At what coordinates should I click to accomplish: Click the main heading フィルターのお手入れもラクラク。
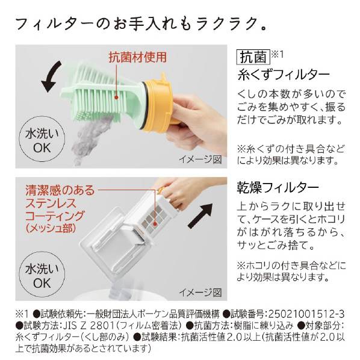point(141,24)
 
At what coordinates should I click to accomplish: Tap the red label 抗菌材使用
point(137,57)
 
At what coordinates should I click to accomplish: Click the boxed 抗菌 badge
point(253,57)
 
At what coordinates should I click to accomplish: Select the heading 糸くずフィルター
point(284,75)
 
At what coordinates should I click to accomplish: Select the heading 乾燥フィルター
point(278,188)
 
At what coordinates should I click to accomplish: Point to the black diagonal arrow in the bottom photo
point(200,216)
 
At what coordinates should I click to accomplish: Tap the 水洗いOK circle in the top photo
point(42,139)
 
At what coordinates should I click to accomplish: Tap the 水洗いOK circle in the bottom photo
point(42,275)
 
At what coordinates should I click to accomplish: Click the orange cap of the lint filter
point(158,104)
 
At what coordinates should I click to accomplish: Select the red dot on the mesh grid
point(155,223)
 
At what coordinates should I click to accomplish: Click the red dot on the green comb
point(116,98)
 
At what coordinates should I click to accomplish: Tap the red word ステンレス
point(51,203)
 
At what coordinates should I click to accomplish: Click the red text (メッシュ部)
point(51,228)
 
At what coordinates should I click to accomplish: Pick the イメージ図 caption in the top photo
point(200,160)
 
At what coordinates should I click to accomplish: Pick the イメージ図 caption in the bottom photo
point(200,292)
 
